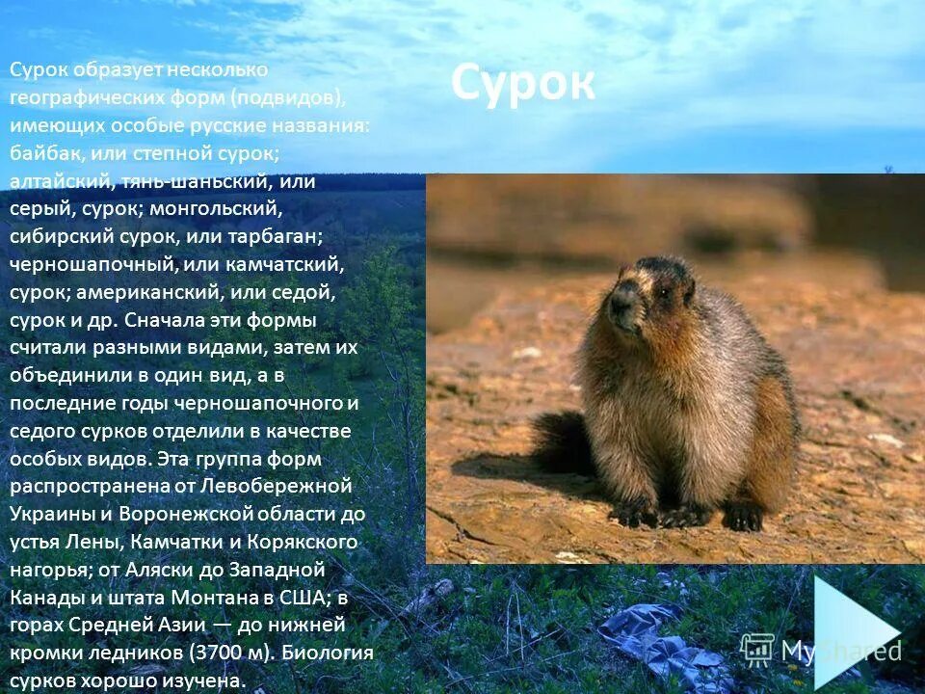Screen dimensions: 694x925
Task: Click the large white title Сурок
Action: tap(522, 84)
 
